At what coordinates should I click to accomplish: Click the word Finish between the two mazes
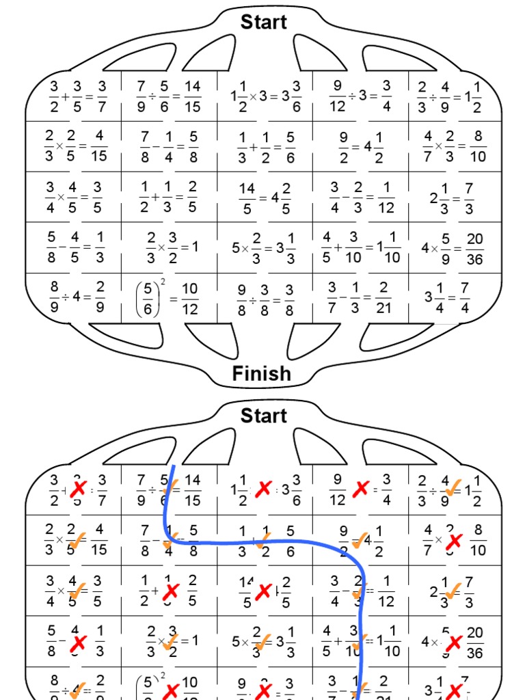tap(262, 373)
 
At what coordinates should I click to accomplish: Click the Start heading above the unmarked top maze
tap(264, 22)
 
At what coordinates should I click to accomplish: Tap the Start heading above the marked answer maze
tap(264, 415)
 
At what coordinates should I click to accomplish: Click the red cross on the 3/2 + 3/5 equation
tap(79, 489)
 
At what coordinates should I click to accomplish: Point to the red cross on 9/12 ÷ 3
tap(360, 489)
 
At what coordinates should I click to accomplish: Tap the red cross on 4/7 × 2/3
tap(453, 541)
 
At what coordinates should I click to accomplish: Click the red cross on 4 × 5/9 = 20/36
tap(453, 642)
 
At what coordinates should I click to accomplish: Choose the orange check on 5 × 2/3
tap(261, 642)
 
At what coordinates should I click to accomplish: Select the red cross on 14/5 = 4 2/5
tap(262, 591)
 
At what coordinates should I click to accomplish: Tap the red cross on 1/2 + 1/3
tap(170, 591)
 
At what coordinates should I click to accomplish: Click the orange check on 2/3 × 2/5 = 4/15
tap(77, 541)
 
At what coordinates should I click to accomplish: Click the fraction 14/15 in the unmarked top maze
tap(192, 96)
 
